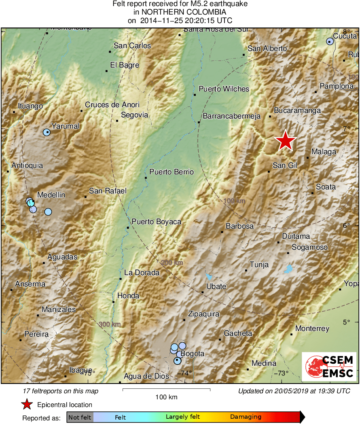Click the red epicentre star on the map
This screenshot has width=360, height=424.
point(286,141)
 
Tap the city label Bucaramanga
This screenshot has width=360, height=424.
point(297,110)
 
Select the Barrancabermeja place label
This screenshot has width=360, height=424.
point(231,117)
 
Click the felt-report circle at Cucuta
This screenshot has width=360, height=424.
point(330,41)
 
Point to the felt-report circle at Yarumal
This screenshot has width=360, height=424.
point(47,132)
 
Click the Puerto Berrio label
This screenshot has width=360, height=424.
point(172,172)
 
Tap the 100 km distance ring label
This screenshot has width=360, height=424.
point(234,201)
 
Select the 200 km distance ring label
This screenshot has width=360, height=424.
point(172,263)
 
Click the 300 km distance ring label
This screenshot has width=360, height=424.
point(110,324)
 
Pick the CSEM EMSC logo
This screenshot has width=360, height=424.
point(329,366)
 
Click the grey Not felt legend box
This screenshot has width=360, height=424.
point(80,417)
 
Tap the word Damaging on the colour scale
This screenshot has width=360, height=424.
point(246,417)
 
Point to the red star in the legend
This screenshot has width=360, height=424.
point(27,405)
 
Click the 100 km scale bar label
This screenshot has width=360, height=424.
point(166,397)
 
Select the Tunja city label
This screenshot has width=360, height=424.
point(259,265)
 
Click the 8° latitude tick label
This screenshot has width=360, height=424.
point(347,32)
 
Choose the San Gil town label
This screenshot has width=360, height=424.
point(285,165)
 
